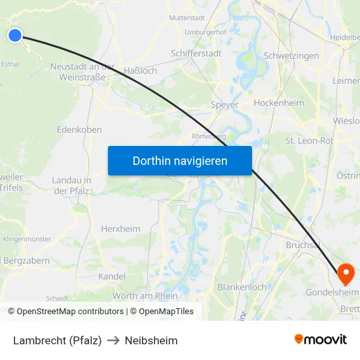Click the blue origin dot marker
click(x=14, y=35)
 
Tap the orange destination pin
click(x=345, y=272)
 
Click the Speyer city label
click(x=225, y=105)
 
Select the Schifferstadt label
click(x=196, y=54)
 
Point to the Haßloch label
click(x=141, y=71)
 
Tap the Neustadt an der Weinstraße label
click(x=82, y=72)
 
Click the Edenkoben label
click(x=79, y=130)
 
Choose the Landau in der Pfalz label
click(x=71, y=185)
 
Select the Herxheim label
click(x=120, y=229)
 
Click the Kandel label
click(x=111, y=277)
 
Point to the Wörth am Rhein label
click(x=145, y=295)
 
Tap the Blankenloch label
click(x=242, y=287)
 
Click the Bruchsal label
click(x=302, y=245)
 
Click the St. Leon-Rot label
click(x=310, y=141)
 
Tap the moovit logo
click(x=320, y=340)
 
